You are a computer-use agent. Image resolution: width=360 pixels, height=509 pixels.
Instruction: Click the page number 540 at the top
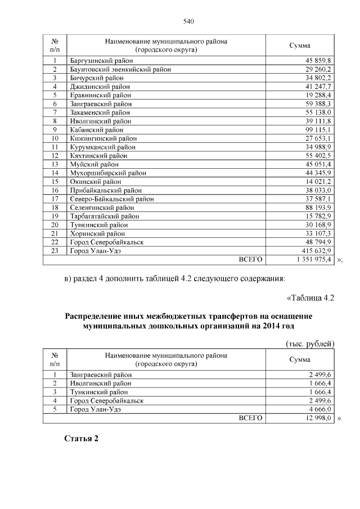click(x=188, y=21)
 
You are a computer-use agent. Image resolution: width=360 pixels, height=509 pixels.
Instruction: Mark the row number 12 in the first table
click(x=55, y=155)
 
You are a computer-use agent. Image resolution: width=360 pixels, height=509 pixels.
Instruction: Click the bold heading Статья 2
click(x=81, y=439)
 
